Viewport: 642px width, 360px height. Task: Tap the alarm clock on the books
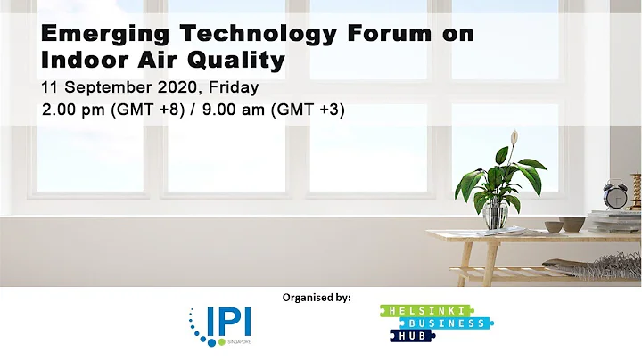(x=614, y=194)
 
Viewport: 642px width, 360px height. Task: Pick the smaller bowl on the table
(x=553, y=227)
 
